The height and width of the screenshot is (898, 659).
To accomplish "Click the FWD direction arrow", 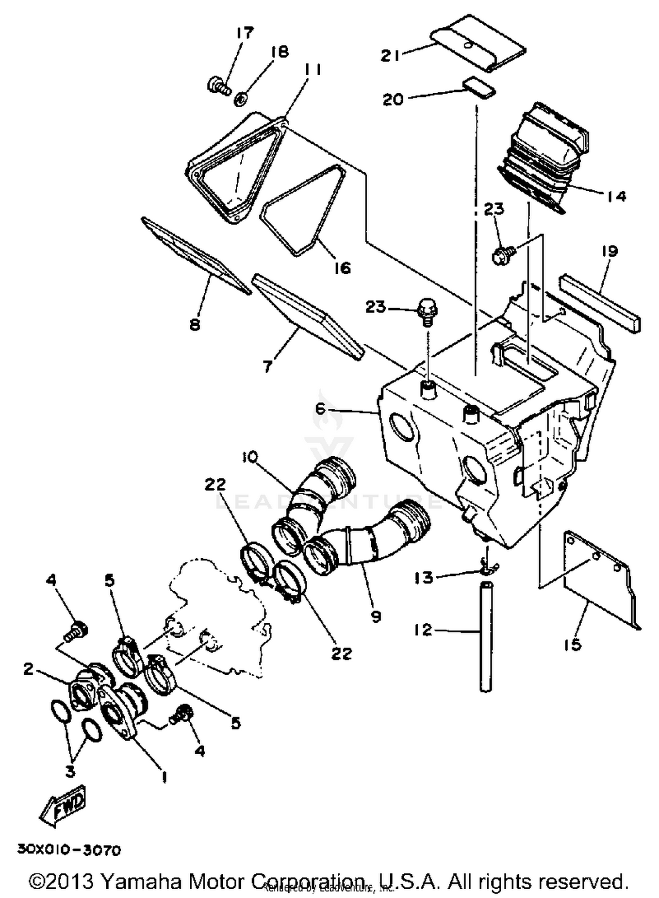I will [x=63, y=804].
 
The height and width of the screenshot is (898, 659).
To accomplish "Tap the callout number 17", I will [x=245, y=33].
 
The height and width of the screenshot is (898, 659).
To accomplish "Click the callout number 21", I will [x=390, y=56].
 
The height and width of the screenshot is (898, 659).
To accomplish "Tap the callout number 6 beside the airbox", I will [x=320, y=409].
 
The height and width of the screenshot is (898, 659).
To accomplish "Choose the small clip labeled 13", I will [x=486, y=567].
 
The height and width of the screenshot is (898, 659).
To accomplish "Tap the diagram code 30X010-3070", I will [x=69, y=850].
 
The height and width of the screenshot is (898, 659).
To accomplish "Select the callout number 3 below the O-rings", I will [x=70, y=771].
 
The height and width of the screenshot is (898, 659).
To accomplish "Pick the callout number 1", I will [x=164, y=777].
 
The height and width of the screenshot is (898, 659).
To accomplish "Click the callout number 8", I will [x=195, y=325].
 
